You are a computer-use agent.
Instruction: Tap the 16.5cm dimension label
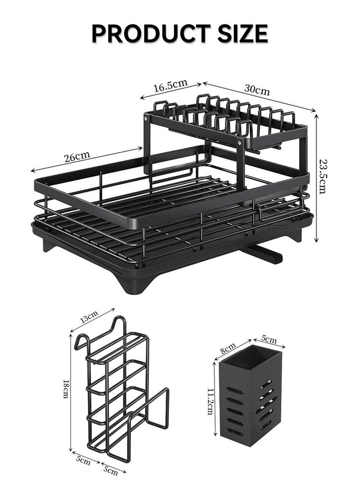click(170, 86)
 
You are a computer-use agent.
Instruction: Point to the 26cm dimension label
click(76, 157)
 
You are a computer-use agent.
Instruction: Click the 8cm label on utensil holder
click(228, 347)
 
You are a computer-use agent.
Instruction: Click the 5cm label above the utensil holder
click(269, 338)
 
